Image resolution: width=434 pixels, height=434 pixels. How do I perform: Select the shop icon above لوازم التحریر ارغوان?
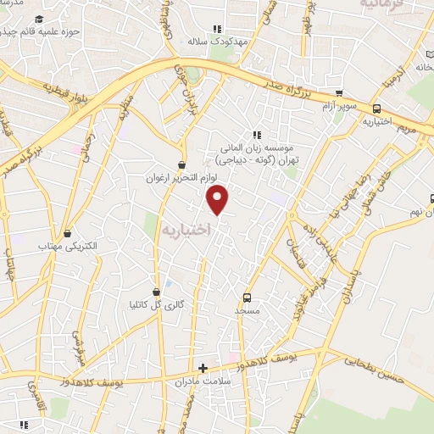pos(182,164)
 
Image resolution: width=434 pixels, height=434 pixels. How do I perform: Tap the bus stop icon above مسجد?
pos(247,298)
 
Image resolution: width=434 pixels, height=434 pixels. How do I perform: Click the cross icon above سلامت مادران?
pos(203,368)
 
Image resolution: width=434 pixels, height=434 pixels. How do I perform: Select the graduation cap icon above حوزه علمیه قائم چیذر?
pos(40,19)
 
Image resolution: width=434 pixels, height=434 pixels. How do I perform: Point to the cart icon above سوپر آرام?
pos(339,93)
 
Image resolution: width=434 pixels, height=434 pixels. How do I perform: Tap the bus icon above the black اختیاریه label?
pos(377,108)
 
